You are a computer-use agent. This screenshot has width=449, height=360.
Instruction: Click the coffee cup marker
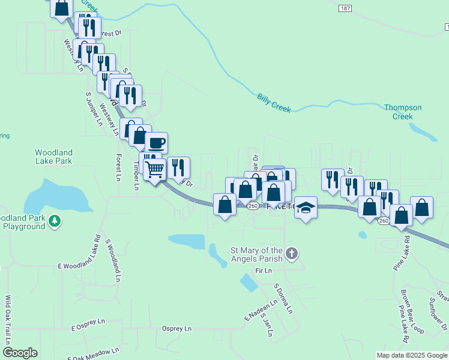click(x=156, y=143)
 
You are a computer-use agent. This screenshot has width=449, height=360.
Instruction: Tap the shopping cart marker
click(x=155, y=169)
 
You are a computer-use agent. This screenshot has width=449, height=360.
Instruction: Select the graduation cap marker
click(x=306, y=208)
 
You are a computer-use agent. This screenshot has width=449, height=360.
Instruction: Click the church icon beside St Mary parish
click(x=291, y=254)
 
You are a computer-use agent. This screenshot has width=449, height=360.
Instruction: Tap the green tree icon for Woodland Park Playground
click(x=55, y=221)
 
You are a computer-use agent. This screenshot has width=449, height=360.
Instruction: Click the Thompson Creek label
click(x=403, y=112)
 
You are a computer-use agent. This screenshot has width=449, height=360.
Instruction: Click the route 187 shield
click(x=345, y=8)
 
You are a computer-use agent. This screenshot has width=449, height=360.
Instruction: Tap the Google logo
click(x=20, y=353)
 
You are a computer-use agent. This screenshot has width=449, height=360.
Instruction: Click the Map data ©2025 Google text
click(x=411, y=355)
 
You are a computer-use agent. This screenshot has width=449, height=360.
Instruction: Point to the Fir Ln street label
click(x=264, y=271)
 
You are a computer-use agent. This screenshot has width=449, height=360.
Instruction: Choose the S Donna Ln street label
click(x=283, y=299)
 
